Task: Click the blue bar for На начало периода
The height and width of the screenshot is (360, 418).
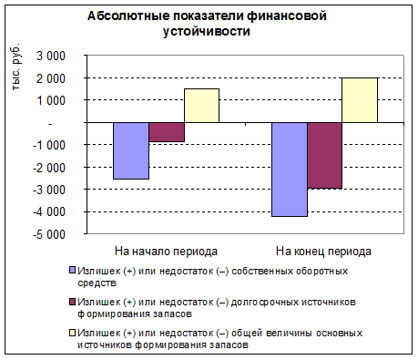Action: coord(131,150)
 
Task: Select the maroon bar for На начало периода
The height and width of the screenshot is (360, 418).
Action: coord(167,132)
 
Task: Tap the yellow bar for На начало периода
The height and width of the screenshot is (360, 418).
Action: coord(202,106)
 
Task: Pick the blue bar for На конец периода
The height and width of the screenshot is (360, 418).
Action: coord(290,170)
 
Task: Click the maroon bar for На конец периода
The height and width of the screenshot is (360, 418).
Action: coord(325,156)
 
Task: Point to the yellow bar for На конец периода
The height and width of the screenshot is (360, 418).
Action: coord(360,100)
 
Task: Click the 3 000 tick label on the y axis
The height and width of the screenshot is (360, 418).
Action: coord(51,57)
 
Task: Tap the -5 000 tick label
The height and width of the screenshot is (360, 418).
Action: coord(49,234)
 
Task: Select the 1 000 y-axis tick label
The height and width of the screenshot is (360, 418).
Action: coord(51,100)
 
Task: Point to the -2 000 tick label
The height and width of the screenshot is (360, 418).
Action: coord(49,168)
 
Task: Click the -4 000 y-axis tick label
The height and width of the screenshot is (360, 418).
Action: coord(49,212)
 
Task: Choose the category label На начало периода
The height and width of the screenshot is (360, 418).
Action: coord(166,252)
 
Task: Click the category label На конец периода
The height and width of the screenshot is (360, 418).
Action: coord(323,252)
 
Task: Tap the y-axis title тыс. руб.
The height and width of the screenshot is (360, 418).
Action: coord(16,67)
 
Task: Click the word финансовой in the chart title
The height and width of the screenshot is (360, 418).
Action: coord(287,15)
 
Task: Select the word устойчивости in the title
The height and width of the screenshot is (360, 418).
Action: coord(207,32)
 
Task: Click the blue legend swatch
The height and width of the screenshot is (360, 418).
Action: coord(73,271)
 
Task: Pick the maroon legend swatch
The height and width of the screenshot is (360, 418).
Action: coord(73,302)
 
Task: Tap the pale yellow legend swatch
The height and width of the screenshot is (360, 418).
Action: coord(73,333)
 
